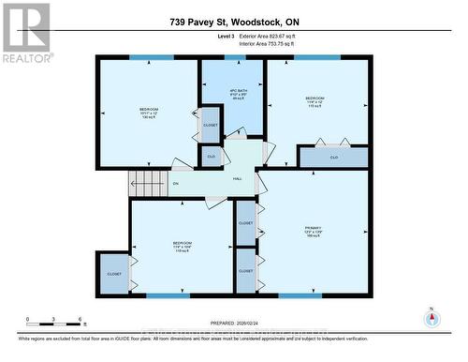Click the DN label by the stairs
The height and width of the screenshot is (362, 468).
click(x=175, y=184)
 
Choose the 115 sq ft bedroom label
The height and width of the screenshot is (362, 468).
click(x=314, y=102)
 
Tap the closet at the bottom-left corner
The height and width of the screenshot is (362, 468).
click(x=113, y=273)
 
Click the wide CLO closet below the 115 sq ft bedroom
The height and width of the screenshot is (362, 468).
click(x=333, y=158)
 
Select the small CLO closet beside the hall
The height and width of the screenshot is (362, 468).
click(x=212, y=157)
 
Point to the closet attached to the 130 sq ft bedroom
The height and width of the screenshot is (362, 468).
click(x=210, y=124)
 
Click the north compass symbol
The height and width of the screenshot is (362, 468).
click(x=431, y=317)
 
